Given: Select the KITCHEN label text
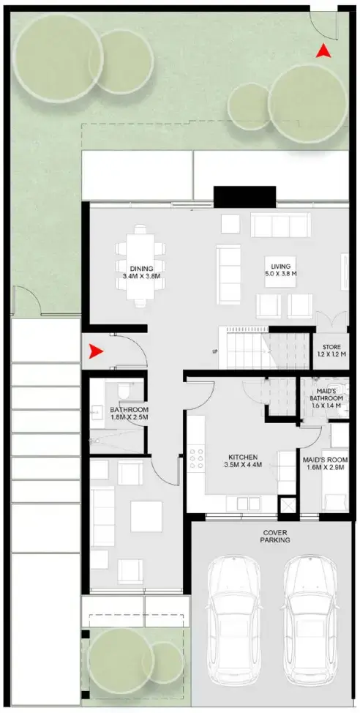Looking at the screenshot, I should [x=242, y=457].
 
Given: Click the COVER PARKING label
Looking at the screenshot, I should [x=274, y=535].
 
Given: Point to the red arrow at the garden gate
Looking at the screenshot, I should [x=322, y=51].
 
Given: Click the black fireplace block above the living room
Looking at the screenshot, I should [x=244, y=197].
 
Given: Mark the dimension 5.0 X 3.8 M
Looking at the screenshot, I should [x=280, y=274].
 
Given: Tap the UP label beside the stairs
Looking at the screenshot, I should [x=214, y=351].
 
